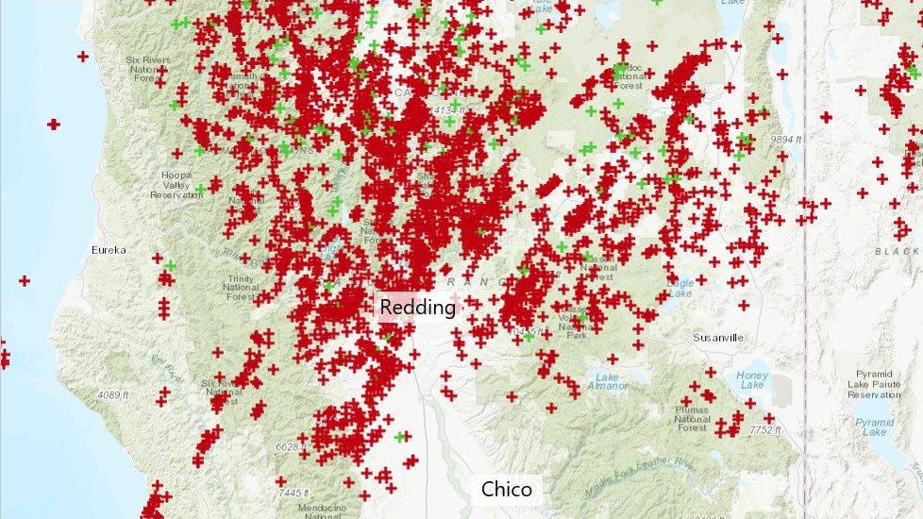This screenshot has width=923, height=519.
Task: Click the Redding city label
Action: tap(417, 308)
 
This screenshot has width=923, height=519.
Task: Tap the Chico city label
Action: tap(507, 489)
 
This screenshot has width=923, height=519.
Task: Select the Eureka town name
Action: tap(109, 250)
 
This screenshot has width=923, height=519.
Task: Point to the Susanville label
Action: tap(718, 337)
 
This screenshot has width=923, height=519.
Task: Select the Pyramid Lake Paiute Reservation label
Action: tap(874, 383)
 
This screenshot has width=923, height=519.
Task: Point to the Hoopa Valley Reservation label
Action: tap(176, 184)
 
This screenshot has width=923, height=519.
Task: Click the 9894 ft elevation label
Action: tap(785, 139)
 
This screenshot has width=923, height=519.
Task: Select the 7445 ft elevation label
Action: tap(295, 493)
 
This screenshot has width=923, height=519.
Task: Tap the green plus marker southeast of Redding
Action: tap(401, 436)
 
